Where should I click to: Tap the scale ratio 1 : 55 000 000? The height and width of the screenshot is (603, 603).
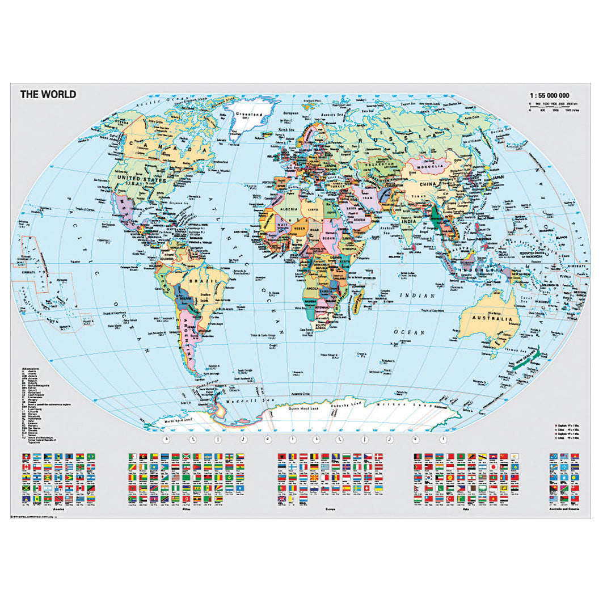(549, 95)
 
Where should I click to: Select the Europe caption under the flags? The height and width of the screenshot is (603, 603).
(331, 510)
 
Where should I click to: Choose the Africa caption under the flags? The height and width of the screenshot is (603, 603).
(185, 510)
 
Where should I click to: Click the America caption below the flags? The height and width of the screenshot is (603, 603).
(56, 510)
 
